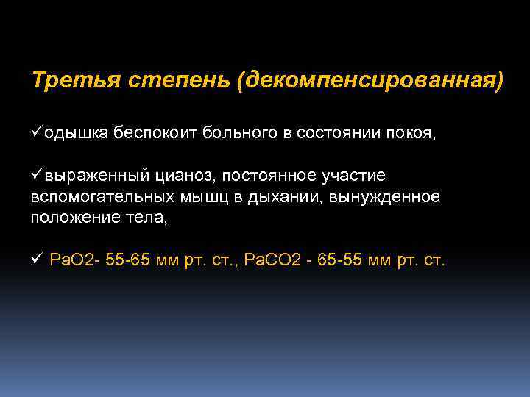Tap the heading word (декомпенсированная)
coord(371,79)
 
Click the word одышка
coord(77,133)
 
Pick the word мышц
coord(198,197)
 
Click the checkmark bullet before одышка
coord(38,132)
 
